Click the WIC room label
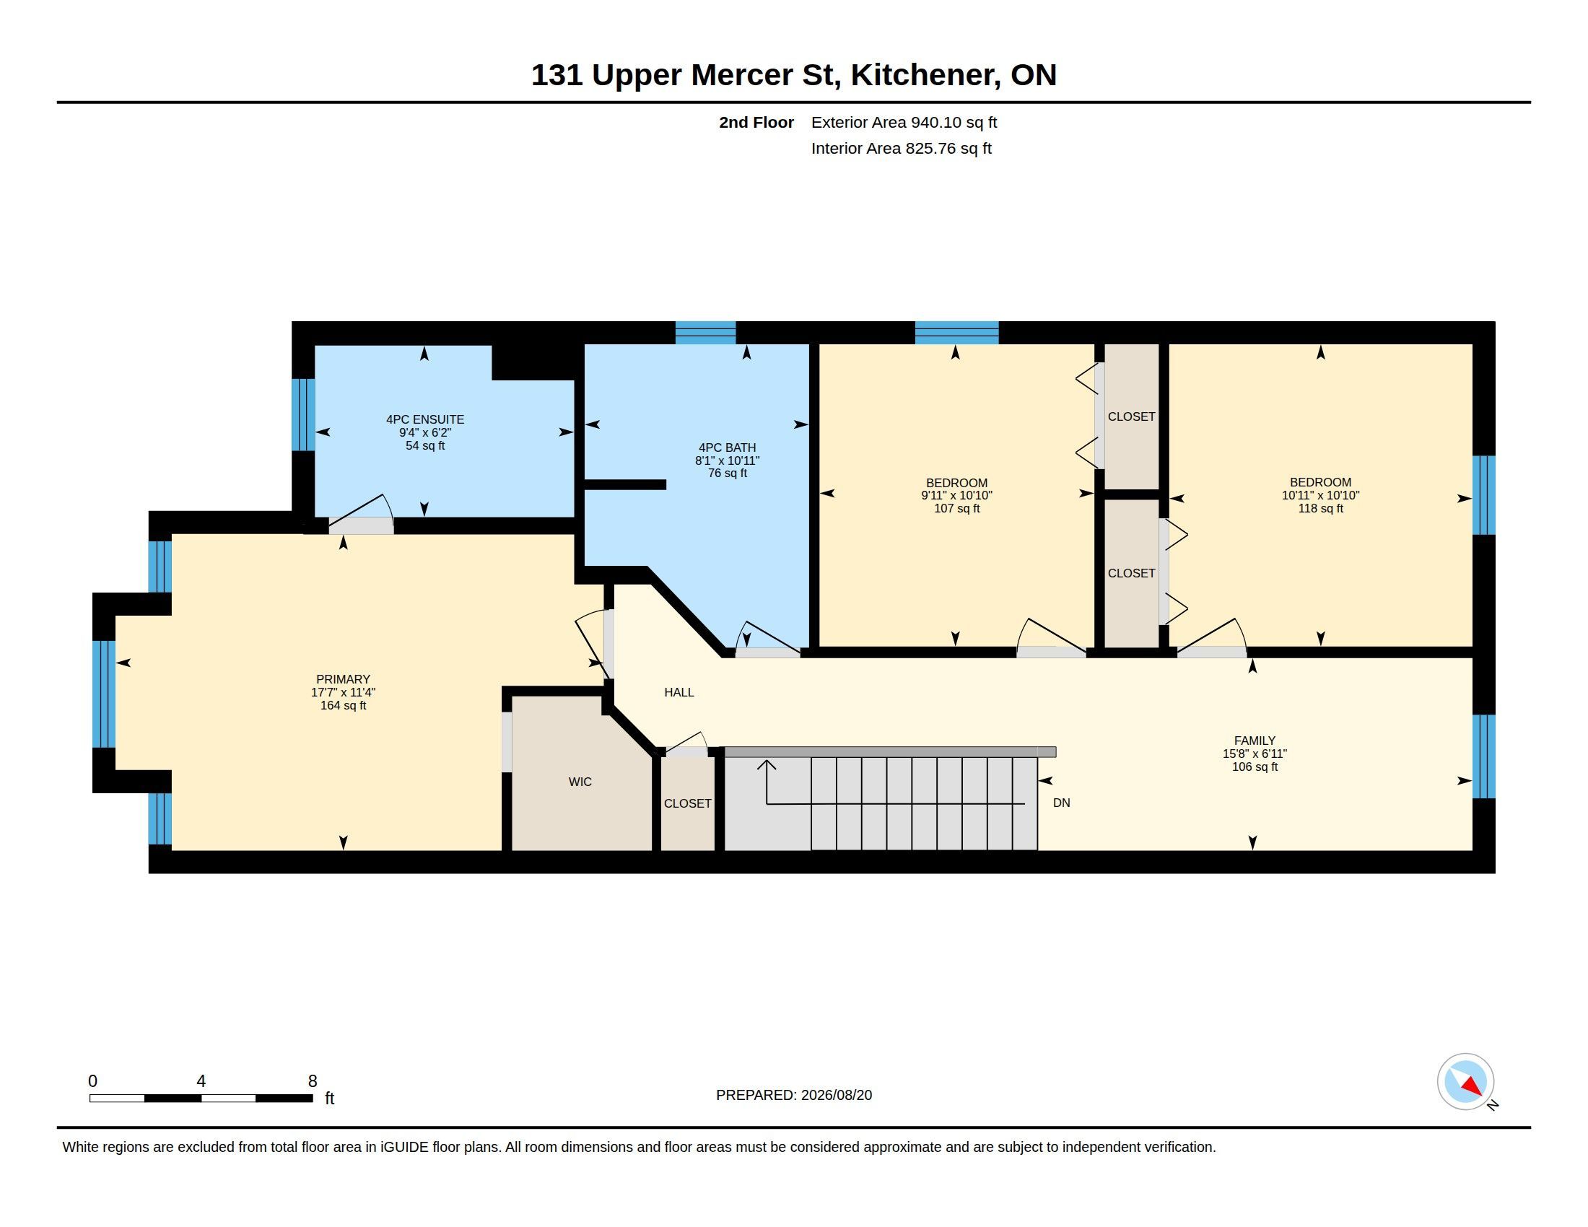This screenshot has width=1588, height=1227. pos(580,782)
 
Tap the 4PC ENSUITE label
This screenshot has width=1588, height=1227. pos(424,419)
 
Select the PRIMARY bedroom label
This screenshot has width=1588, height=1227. pos(343,680)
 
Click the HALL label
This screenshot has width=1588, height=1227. pos(679,693)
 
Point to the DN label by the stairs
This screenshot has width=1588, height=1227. pos(1062,803)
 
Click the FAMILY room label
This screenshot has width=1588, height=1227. pos(1255,741)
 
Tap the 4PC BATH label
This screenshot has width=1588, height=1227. pos(727,447)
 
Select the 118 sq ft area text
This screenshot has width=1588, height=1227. pos(1320,509)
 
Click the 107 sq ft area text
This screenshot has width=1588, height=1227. pos(957,509)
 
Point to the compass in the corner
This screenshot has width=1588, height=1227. pos(1465,1082)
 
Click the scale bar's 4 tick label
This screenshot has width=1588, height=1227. pos(201,1081)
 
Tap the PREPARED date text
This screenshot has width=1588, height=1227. pos(794,1096)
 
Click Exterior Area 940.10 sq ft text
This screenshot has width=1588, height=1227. pos(904,123)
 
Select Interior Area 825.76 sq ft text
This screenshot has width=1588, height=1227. pos(901,149)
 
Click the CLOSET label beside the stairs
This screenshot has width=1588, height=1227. pos(687,804)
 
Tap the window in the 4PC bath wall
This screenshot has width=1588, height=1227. pos(705,332)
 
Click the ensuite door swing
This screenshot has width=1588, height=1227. pos(362,512)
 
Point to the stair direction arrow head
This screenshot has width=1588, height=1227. pos(767,764)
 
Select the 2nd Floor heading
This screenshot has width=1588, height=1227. pos(756,123)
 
